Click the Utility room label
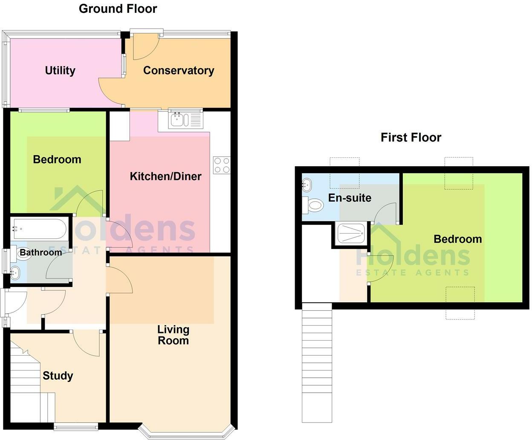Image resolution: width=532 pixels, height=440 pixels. (x=60, y=70)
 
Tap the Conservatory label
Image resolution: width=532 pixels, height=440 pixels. (x=178, y=70)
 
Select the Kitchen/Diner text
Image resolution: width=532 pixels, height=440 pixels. (x=165, y=176)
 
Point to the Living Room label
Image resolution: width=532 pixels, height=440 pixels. (x=173, y=335)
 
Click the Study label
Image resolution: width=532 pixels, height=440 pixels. (x=58, y=376)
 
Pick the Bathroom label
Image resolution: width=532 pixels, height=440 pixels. (x=41, y=252)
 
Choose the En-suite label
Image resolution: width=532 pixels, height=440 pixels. (x=350, y=198)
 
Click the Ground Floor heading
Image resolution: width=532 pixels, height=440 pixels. (x=118, y=9)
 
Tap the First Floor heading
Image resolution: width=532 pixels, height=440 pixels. (x=411, y=137)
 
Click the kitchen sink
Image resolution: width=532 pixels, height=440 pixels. (x=181, y=120)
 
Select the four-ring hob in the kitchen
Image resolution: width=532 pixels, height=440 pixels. (x=222, y=165)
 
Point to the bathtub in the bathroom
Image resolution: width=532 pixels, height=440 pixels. (x=39, y=229)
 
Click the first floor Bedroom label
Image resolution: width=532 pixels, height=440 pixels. (x=457, y=239)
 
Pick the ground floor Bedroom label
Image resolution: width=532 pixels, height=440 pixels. (x=57, y=159)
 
